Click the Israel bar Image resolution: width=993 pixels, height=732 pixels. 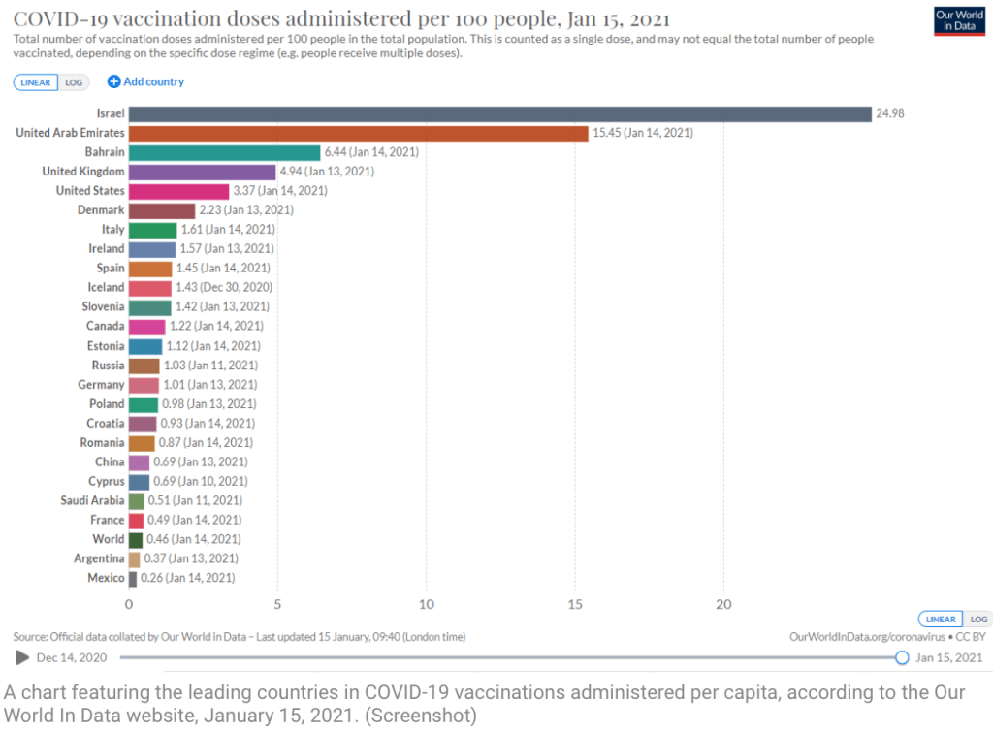coord(499,113)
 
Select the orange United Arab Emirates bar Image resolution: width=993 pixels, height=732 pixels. coord(358,133)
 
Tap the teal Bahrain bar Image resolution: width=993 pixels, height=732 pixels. coord(224,152)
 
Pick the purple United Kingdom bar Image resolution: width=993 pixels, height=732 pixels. coord(202,172)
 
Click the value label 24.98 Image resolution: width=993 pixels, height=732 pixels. coord(890,113)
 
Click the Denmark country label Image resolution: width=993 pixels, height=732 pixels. coord(101,210)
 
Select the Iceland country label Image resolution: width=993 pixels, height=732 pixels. coord(107,287)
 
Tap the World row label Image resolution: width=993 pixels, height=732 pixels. coord(109,539)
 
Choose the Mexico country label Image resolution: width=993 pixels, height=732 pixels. coord(106,578)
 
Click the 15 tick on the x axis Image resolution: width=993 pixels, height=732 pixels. coord(574,604)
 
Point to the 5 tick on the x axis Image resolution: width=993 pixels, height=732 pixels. coord(277,604)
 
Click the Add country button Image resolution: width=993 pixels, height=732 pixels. coord(145,82)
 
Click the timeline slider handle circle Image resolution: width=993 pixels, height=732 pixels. coord(902,657)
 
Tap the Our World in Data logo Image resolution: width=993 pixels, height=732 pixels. coord(958,21)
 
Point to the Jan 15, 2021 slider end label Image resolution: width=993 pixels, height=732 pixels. coord(949,657)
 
